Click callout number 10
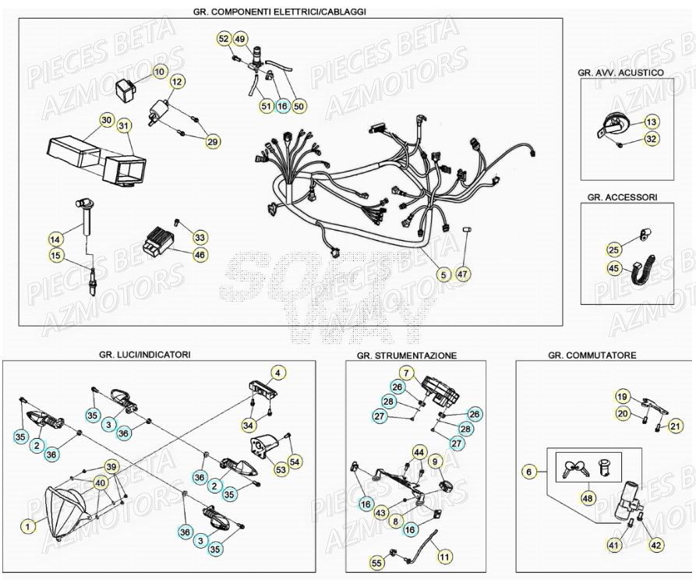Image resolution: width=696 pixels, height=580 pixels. (159, 72)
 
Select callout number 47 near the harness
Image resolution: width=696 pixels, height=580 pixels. (464, 274)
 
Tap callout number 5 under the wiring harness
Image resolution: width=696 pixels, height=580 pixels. (442, 274)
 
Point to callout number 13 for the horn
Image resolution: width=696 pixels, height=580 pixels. (652, 122)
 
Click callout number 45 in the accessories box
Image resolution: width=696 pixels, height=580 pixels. (614, 269)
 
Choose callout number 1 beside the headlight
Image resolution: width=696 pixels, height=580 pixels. (28, 527)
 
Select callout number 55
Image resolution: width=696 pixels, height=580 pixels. (377, 561)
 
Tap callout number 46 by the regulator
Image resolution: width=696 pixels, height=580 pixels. (200, 254)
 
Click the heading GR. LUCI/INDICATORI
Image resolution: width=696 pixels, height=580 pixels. (145, 355)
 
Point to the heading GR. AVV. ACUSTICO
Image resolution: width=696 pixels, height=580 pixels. (620, 72)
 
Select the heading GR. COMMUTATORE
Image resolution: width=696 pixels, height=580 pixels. (592, 355)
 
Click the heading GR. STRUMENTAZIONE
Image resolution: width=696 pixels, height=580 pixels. (407, 355)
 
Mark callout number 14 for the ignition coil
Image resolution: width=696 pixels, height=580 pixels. (55, 239)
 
